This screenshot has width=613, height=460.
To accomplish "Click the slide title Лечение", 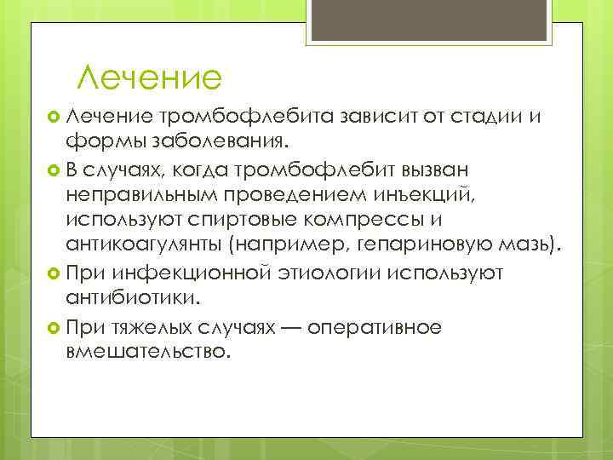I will click(x=149, y=78).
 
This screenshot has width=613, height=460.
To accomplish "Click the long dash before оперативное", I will click(x=295, y=326).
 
